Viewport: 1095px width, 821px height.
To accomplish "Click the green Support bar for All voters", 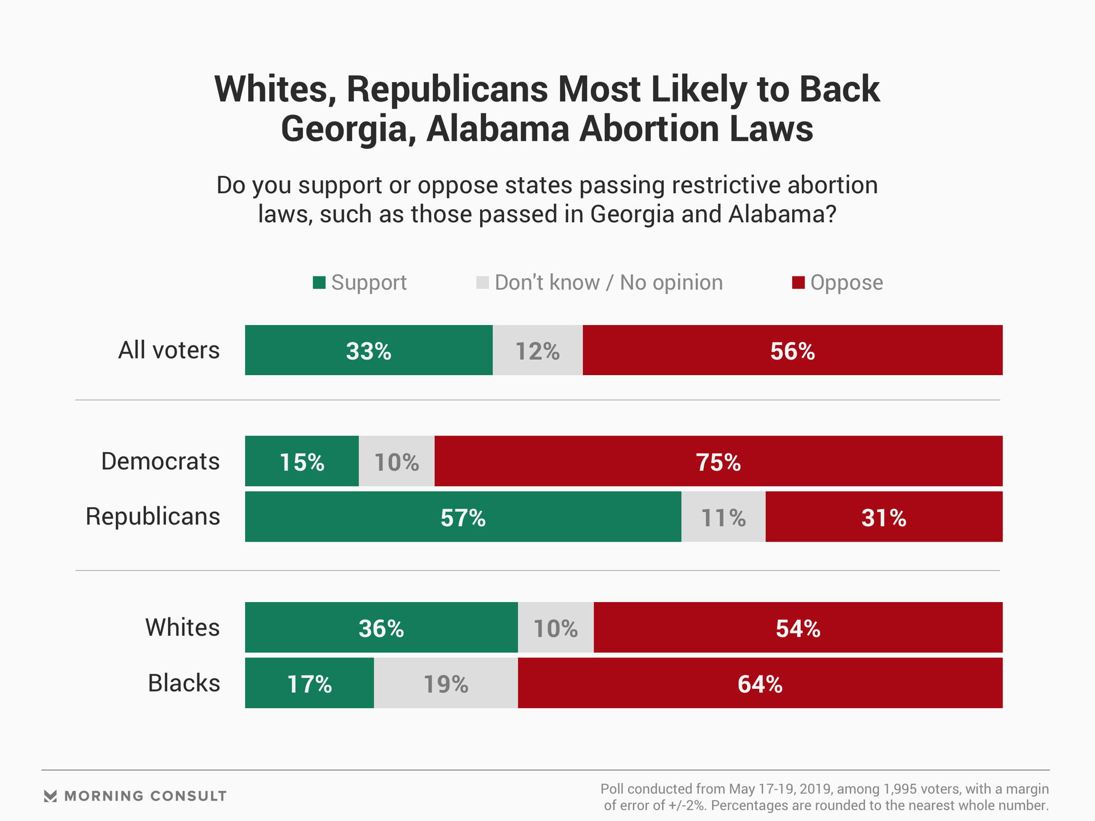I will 368,350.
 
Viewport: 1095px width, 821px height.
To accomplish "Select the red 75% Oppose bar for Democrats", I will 718,461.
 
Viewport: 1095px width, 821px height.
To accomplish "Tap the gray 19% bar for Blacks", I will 445,683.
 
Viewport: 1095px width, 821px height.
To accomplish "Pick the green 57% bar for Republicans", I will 463,517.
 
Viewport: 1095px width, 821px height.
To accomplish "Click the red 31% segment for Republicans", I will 883,517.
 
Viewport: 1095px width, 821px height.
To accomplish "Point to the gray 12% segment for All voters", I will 537,350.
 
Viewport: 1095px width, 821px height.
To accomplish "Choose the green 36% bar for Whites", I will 381,627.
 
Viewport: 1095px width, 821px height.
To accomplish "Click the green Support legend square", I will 319,283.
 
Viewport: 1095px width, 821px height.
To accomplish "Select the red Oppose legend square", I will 798,283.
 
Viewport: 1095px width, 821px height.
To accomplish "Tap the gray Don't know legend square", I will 482,283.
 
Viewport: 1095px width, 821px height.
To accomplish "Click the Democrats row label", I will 160,461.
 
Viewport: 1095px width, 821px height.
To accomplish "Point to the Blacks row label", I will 184,683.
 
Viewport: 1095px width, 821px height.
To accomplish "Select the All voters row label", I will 169,350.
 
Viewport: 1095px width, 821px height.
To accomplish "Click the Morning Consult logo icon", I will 50,796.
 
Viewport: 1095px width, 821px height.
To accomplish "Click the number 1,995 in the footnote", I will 901,789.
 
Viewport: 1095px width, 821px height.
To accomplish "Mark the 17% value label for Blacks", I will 309,684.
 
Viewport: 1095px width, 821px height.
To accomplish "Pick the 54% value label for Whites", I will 798,628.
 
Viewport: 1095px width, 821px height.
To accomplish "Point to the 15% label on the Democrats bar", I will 302,462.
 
